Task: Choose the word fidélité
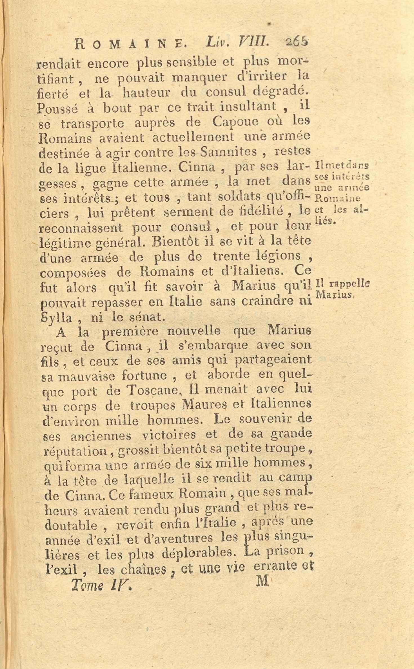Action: [x=258, y=212]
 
